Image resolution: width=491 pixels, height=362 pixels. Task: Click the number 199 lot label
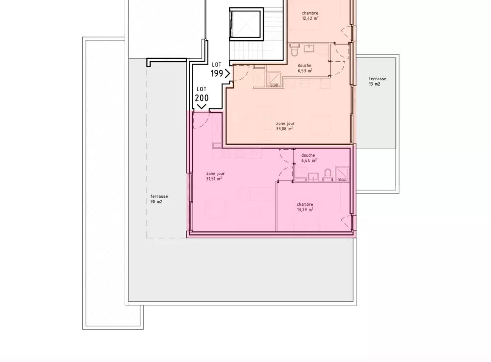point(217,73)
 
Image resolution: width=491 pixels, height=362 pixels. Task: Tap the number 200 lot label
point(202,98)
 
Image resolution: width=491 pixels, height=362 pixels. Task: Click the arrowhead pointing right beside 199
point(227,73)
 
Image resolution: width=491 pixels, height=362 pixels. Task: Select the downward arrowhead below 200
point(202,107)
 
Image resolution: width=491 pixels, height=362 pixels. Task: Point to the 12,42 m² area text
point(310,19)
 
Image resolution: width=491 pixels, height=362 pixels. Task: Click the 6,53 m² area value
point(305,71)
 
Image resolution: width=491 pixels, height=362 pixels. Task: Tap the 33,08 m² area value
point(284,129)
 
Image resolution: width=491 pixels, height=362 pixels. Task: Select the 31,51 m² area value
point(213,179)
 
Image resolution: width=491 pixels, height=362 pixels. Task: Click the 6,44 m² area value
point(309,161)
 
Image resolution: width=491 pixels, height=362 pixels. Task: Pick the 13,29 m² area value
point(305,210)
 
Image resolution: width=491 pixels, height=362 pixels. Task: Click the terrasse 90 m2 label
point(159,199)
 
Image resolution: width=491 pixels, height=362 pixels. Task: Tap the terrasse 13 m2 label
point(377,81)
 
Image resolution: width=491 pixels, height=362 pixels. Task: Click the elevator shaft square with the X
point(245,24)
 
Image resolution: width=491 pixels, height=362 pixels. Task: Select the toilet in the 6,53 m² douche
point(295,51)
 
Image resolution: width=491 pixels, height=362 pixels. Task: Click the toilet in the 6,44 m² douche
point(327,174)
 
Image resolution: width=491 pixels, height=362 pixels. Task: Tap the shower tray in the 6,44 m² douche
point(342,174)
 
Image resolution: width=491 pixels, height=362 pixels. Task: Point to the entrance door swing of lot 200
point(201,120)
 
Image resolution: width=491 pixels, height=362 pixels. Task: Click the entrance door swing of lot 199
point(241,73)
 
